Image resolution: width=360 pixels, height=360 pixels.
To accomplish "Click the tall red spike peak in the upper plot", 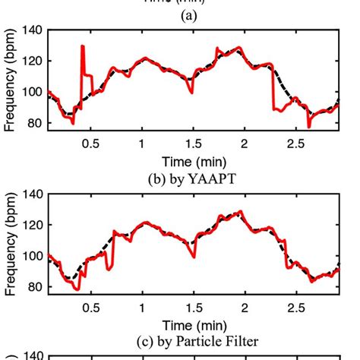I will point(82,47).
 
